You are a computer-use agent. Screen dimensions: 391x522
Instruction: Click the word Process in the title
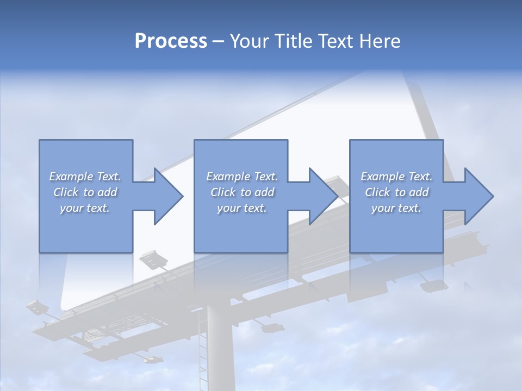point(171,41)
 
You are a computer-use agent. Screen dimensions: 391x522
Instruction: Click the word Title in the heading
point(291,41)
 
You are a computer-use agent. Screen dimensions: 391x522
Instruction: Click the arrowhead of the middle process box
point(322,196)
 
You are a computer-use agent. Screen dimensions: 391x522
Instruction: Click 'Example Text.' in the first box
point(85,176)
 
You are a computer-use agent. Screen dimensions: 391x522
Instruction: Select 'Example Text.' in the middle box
point(242,176)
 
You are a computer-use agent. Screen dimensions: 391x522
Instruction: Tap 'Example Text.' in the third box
point(396,176)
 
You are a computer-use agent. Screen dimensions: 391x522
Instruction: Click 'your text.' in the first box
point(85,208)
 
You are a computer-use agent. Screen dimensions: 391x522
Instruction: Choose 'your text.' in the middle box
point(242,208)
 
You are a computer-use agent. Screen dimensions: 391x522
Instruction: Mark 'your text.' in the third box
point(396,208)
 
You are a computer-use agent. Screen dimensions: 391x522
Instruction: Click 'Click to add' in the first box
point(85,192)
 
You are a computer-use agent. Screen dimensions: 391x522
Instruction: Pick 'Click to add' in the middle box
point(242,192)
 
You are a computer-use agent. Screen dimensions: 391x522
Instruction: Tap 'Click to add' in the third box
point(396,192)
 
